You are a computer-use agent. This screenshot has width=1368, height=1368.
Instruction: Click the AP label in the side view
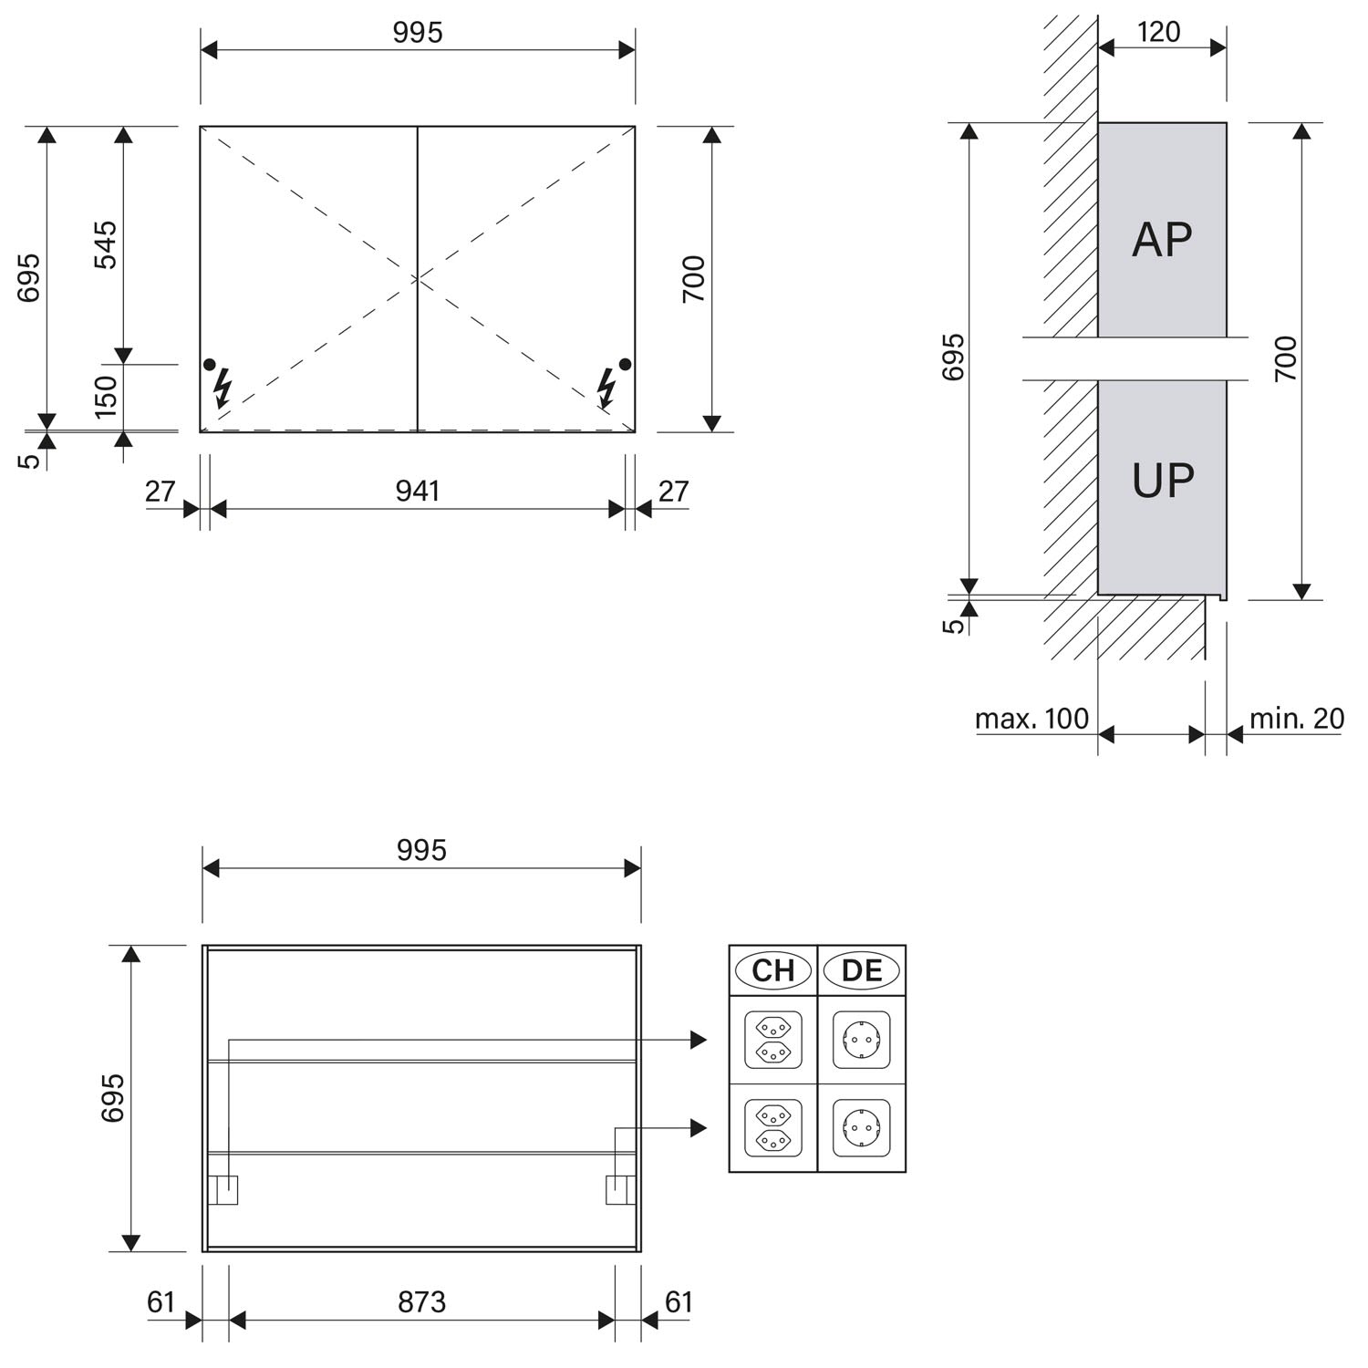click(1162, 239)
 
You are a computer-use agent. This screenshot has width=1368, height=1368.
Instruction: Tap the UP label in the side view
click(1162, 480)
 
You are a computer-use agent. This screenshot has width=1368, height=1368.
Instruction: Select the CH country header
click(772, 970)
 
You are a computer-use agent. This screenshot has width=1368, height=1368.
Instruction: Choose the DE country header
click(862, 970)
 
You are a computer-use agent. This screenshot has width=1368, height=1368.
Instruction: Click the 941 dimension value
click(418, 492)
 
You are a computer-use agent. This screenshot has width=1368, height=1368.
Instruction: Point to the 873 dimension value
click(421, 1301)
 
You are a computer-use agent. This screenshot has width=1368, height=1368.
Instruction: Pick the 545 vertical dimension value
click(106, 244)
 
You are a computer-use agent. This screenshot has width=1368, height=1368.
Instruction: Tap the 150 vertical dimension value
click(106, 397)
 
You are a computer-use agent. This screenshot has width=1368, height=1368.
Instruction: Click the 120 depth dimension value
click(1159, 32)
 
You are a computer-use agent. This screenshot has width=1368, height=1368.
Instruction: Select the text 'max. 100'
click(1031, 719)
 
